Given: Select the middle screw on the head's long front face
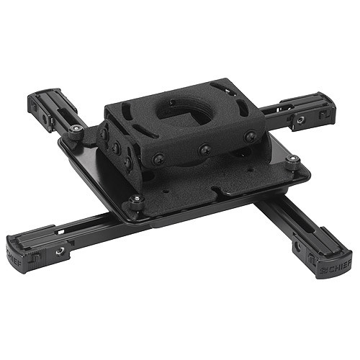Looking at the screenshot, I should pos(205,149).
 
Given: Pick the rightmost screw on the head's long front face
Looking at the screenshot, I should pos(250,136).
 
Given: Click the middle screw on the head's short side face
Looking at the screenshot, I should pos(115,147).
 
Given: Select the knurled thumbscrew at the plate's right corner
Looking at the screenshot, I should pos(291,163).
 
